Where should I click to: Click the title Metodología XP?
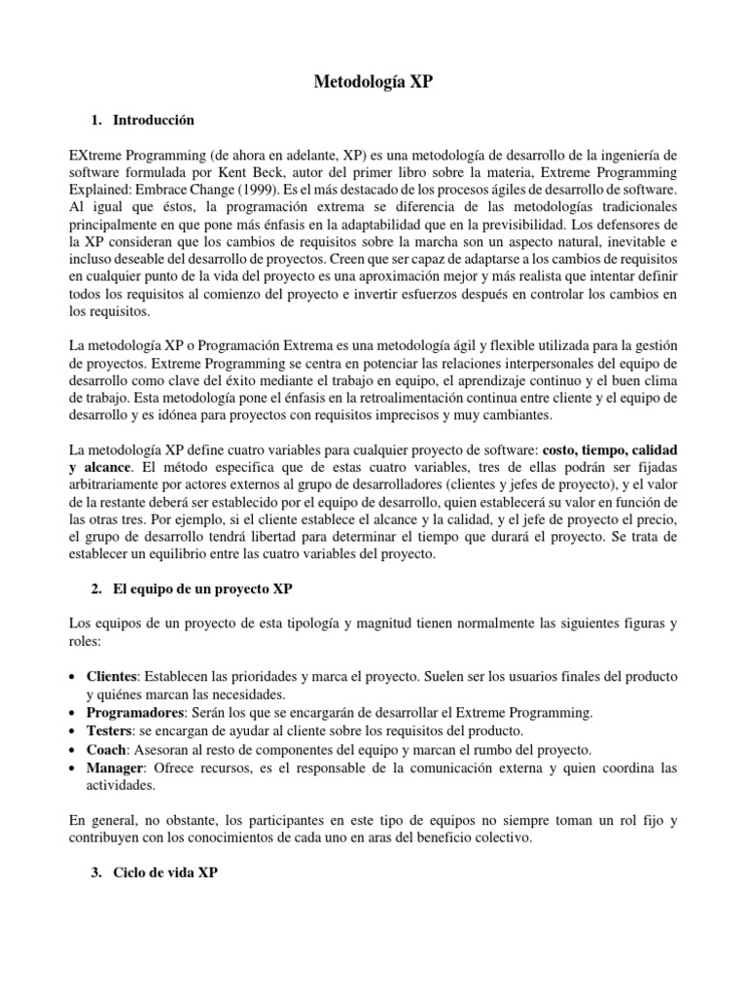pos(373,84)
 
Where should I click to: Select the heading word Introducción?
pos(154,121)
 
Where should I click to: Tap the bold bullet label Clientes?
pos(111,677)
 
